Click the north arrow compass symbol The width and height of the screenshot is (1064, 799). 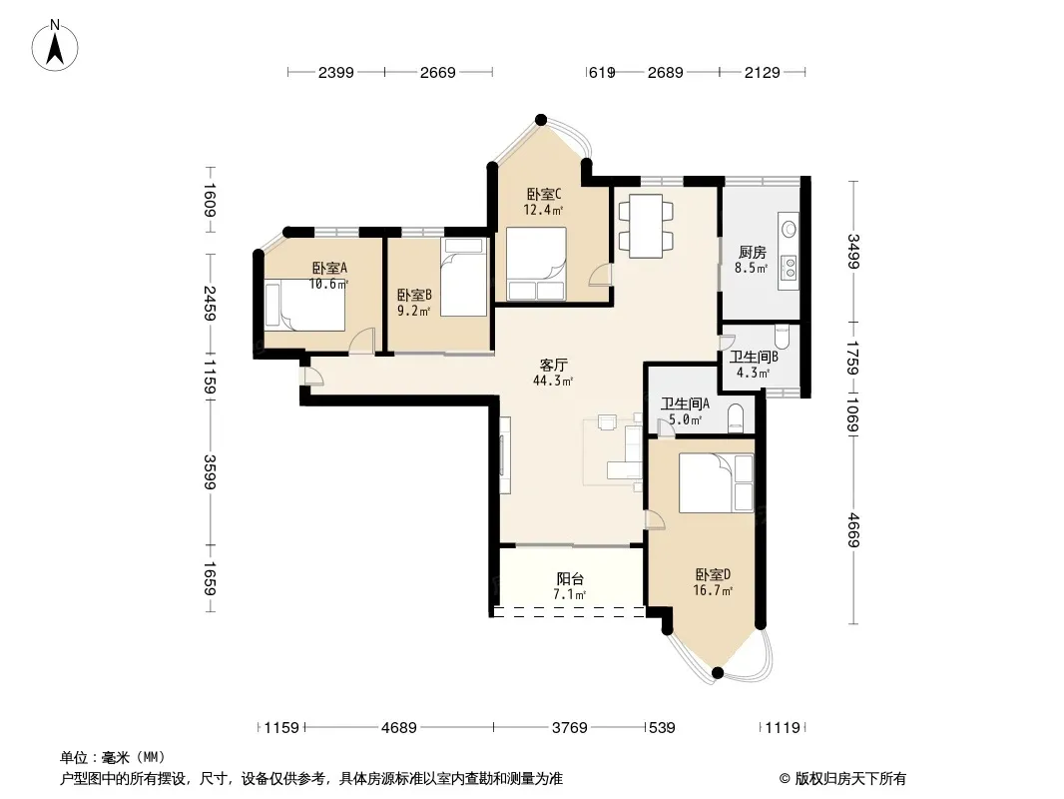[x=55, y=46]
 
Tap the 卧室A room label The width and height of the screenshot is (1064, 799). [x=329, y=276]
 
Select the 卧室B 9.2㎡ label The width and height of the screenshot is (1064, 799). [x=414, y=303]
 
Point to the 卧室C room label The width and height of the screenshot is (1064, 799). [x=544, y=202]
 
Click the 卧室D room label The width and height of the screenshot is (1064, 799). [x=713, y=582]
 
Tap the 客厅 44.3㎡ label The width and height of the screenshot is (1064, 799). [x=553, y=373]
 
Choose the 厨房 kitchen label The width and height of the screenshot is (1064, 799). [x=752, y=260]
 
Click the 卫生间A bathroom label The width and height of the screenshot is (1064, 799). [x=685, y=411]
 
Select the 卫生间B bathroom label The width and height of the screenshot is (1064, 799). [x=754, y=365]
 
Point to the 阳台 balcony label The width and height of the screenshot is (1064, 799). [x=570, y=586]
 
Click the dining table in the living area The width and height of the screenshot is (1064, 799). [x=646, y=226]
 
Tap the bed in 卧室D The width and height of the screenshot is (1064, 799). [x=716, y=483]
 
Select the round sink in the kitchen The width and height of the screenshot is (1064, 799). [x=790, y=229]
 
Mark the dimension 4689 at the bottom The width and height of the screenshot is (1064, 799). [x=399, y=728]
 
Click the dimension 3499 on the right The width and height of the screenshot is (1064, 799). [x=853, y=251]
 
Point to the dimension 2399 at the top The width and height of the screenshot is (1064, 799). [x=336, y=72]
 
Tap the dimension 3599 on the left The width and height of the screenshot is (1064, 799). [x=211, y=472]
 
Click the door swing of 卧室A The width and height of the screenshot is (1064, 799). [x=362, y=341]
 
